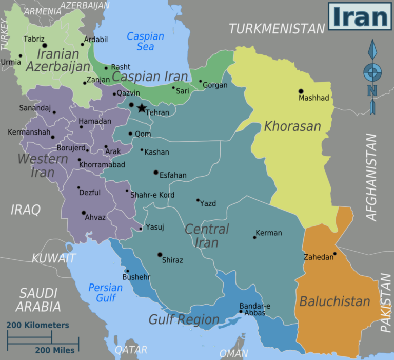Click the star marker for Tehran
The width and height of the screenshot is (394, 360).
click(x=142, y=108)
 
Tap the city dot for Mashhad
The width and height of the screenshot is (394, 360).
click(x=301, y=91)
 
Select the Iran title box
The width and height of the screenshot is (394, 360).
click(x=359, y=17)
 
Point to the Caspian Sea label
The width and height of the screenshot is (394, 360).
click(x=145, y=42)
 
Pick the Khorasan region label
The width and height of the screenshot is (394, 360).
click(x=292, y=126)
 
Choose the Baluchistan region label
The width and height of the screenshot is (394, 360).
click(x=334, y=301)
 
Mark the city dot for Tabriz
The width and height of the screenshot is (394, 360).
click(x=45, y=46)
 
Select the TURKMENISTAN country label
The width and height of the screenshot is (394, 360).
click(x=277, y=29)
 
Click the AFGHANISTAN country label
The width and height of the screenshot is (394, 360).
click(x=371, y=177)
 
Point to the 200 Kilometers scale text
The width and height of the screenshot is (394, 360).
click(x=37, y=325)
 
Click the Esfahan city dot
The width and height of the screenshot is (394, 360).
click(x=156, y=172)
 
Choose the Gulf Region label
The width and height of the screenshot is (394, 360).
click(x=184, y=319)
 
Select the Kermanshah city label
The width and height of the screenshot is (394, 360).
click(x=29, y=132)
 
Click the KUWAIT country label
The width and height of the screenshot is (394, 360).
click(x=54, y=258)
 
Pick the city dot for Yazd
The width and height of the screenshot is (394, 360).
click(x=198, y=200)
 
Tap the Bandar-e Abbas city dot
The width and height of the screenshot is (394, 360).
click(x=241, y=311)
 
